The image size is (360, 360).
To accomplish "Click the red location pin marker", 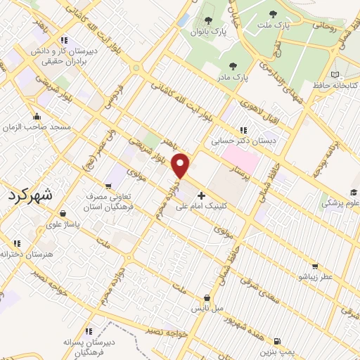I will [x=182, y=166].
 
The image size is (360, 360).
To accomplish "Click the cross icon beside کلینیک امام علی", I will [x=202, y=196].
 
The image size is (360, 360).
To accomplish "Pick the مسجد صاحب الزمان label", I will [x=41, y=127].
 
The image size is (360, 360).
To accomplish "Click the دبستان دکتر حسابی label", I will [x=245, y=141].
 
